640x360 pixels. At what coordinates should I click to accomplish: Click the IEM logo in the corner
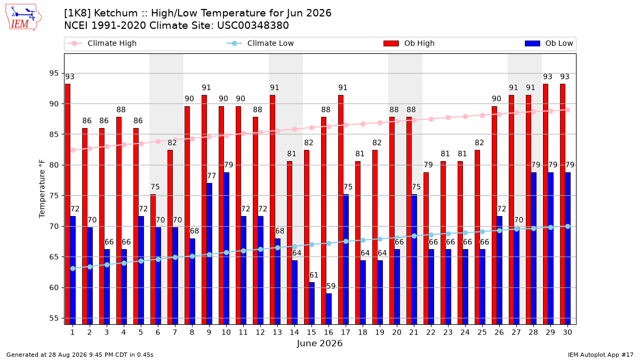pyautogui.click(x=23, y=18)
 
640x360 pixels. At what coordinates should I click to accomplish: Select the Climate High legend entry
pyautogui.click(x=101, y=43)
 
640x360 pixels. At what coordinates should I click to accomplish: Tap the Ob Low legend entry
pyautogui.click(x=549, y=43)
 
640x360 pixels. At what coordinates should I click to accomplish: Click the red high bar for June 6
pyautogui.click(x=153, y=259)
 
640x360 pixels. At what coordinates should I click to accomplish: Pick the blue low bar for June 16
pyautogui.click(x=329, y=309)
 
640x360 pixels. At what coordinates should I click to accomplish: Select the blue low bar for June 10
pyautogui.click(x=227, y=249)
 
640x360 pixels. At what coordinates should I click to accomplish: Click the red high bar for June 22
pyautogui.click(x=426, y=249)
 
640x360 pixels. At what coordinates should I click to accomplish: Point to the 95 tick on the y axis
pyautogui.click(x=54, y=74)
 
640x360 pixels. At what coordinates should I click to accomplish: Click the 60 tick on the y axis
pyautogui.click(x=54, y=287)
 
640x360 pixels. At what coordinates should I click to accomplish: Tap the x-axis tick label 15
pyautogui.click(x=311, y=333)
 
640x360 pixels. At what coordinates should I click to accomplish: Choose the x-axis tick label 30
pyautogui.click(x=567, y=333)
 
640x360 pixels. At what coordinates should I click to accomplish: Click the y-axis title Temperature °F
pyautogui.click(x=42, y=189)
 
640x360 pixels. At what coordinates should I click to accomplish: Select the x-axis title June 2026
pyautogui.click(x=319, y=343)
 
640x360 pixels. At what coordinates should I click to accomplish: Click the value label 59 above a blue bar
pyautogui.click(x=331, y=286)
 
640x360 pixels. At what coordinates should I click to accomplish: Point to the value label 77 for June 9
pyautogui.click(x=211, y=175)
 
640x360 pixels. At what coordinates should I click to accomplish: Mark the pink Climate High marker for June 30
pyautogui.click(x=567, y=110)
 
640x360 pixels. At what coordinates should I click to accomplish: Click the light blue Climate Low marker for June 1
pyautogui.click(x=73, y=269)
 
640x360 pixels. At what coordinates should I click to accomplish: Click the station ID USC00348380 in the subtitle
pyautogui.click(x=253, y=26)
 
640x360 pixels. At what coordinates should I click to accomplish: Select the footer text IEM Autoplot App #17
pyautogui.click(x=601, y=355)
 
